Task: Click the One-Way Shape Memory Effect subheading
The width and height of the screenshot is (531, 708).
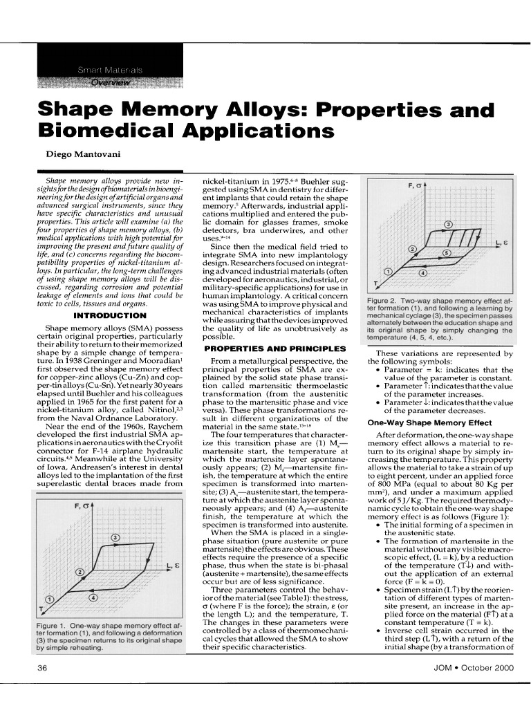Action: coord(420,422)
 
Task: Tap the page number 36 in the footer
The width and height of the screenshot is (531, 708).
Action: coord(41,667)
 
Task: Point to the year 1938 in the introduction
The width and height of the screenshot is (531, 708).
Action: coord(75,359)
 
